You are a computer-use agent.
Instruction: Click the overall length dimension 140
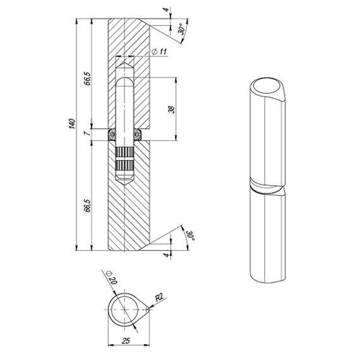tap(72, 124)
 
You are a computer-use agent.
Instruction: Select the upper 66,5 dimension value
tap(87, 78)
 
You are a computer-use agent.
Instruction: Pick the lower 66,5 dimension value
tap(87, 205)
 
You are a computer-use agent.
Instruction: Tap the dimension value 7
tap(88, 133)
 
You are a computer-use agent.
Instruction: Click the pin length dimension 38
tap(171, 109)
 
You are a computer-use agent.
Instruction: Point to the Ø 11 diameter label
tap(159, 51)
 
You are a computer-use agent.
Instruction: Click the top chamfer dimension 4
tap(166, 9)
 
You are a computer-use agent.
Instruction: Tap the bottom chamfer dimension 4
tap(167, 255)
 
